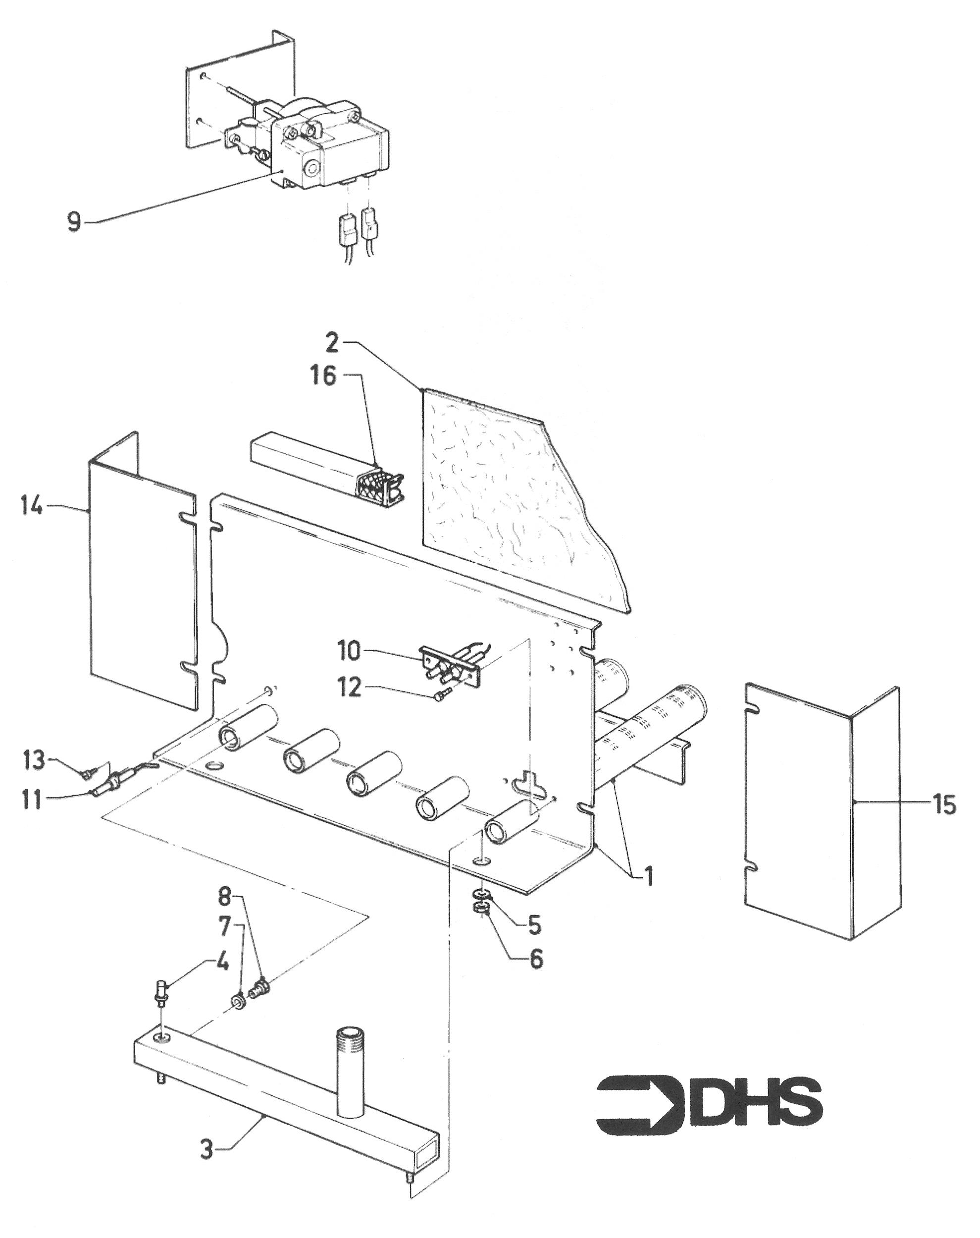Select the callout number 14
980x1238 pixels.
pos(31,507)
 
